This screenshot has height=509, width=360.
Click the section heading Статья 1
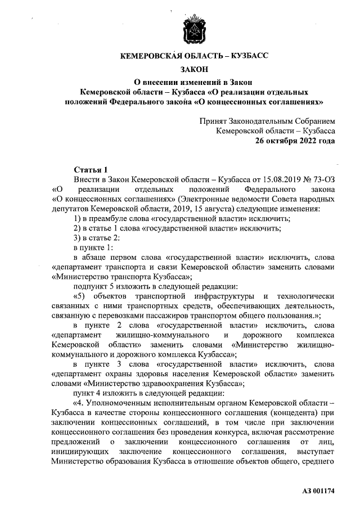click(90, 169)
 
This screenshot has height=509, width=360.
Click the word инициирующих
click(82, 452)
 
